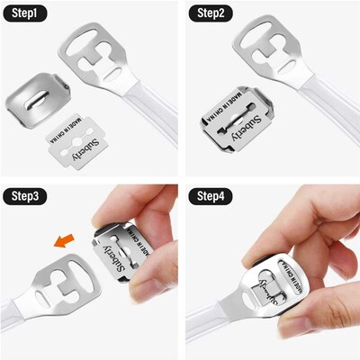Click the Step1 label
(x=25, y=16)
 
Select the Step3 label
(x=25, y=198)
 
